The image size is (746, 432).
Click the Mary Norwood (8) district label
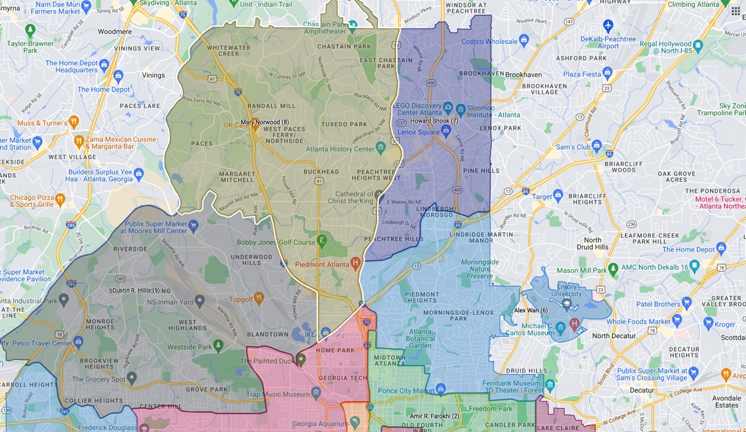[265, 122]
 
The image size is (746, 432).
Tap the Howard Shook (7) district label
[434, 121]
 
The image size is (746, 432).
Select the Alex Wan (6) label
[531, 311]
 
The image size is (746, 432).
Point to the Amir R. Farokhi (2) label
[435, 416]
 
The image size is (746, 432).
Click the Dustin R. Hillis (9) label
[134, 291]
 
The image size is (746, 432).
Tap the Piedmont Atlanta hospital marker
[355, 263]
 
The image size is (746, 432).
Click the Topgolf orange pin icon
[259, 298]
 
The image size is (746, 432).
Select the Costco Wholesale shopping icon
[524, 41]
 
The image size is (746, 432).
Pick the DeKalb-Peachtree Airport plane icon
[608, 25]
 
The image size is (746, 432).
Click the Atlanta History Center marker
[381, 147]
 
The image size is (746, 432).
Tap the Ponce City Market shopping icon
[440, 389]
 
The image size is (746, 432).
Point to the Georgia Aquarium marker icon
[355, 421]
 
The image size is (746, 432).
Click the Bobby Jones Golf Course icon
[322, 240]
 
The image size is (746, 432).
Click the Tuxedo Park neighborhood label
[344, 124]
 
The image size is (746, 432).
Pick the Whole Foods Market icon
[677, 322]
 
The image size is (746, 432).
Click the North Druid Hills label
[592, 244]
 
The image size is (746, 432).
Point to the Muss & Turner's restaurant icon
[74, 122]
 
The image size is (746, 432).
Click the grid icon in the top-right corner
[735, 11]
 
